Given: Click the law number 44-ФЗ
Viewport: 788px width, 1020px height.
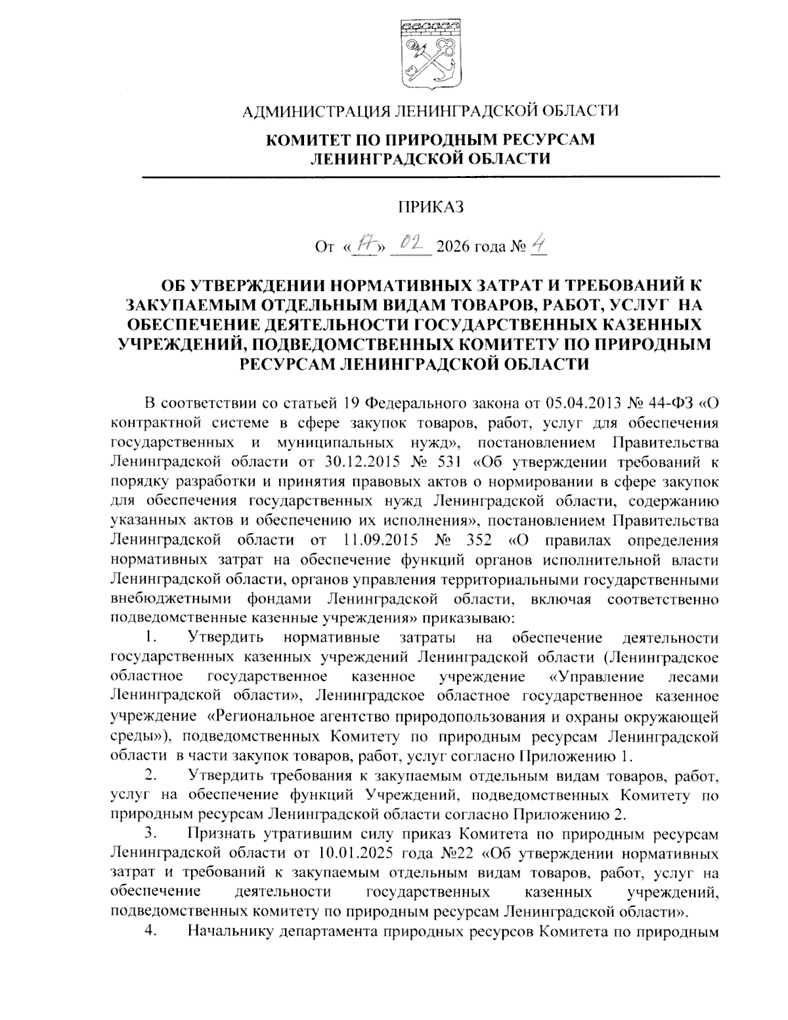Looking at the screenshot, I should (666, 403).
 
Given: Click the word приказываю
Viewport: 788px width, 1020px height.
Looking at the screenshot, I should (465, 617).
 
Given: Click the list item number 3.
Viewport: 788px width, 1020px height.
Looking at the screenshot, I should (150, 835).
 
